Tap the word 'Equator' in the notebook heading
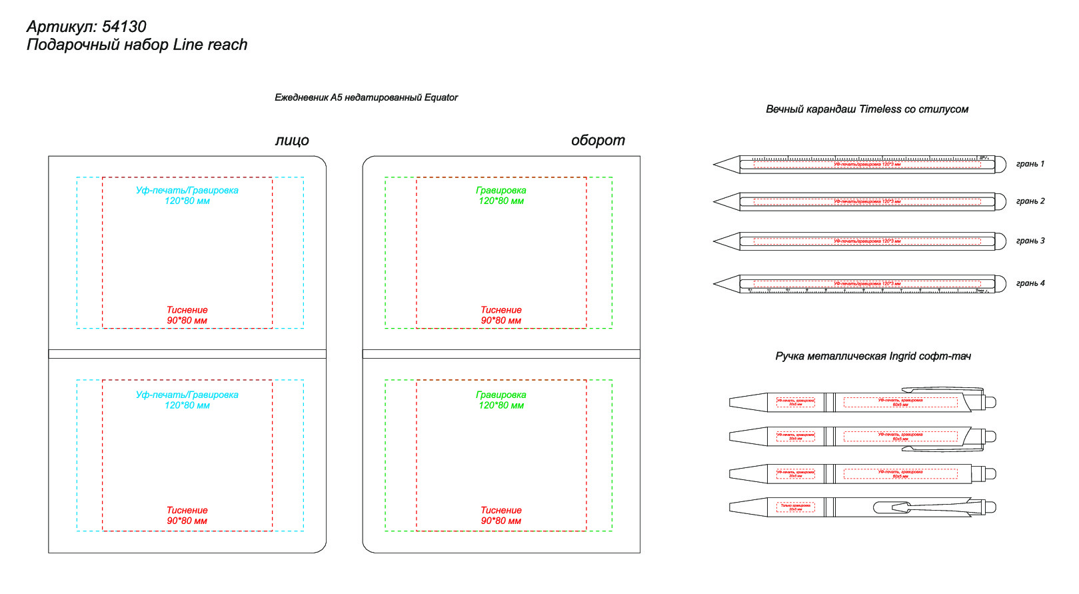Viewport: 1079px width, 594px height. click(441, 97)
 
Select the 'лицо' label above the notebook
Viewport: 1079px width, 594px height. click(292, 141)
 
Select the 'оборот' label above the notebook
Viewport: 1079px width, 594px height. click(598, 141)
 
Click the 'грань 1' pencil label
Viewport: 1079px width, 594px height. click(1030, 164)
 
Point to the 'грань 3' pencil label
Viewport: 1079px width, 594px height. click(1030, 241)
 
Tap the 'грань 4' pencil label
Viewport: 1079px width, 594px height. click(1030, 283)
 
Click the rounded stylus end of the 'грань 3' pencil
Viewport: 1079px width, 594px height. click(1000, 241)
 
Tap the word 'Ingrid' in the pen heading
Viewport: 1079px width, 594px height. click(898, 357)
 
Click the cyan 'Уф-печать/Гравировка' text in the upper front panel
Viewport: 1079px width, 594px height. click(187, 191)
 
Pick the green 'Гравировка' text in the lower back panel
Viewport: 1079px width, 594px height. click(501, 395)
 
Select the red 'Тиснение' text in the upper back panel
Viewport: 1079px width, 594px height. click(501, 310)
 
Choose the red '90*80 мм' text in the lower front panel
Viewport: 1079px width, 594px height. click(187, 521)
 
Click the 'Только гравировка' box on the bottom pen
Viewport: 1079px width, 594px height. click(796, 507)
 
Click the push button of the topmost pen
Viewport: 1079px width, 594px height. click(990, 402)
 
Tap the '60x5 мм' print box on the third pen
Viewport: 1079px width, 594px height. click(900, 474)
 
